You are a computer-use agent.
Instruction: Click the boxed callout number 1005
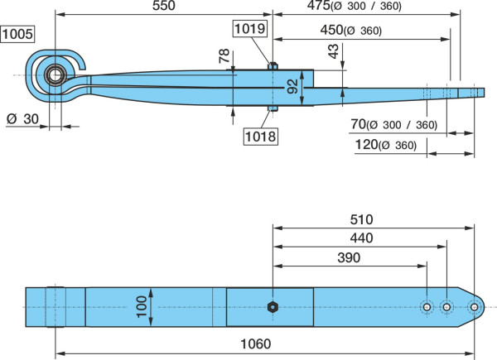pyautogui.click(x=17, y=34)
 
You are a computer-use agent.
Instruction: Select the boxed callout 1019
pyautogui.click(x=250, y=29)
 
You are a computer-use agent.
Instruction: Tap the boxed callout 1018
pyautogui.click(x=261, y=137)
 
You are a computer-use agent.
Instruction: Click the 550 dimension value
pyautogui.click(x=163, y=6)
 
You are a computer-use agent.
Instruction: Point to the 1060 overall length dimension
pyautogui.click(x=256, y=343)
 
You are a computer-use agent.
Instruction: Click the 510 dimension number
pyautogui.click(x=361, y=219)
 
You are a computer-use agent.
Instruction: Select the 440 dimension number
pyautogui.click(x=361, y=238)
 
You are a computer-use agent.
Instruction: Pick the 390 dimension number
pyautogui.click(x=349, y=257)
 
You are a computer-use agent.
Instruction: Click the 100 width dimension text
pyautogui.click(x=142, y=306)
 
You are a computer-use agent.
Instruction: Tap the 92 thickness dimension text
pyautogui.click(x=292, y=86)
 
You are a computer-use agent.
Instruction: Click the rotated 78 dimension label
pyautogui.click(x=224, y=55)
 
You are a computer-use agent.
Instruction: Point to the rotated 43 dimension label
pyautogui.click(x=333, y=51)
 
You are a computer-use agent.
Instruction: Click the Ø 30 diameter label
pyautogui.click(x=22, y=119)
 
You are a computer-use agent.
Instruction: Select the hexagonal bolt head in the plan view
pyautogui.click(x=273, y=307)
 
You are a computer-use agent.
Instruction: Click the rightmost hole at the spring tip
pyautogui.click(x=474, y=307)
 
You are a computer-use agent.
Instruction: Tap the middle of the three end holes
pyautogui.click(x=446, y=307)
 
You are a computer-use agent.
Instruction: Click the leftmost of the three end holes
pyautogui.click(x=427, y=307)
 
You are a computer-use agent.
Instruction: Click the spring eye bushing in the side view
pyautogui.click(x=55, y=75)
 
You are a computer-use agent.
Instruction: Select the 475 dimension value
pyautogui.click(x=319, y=6)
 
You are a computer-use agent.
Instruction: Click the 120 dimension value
pyautogui.click(x=366, y=144)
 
